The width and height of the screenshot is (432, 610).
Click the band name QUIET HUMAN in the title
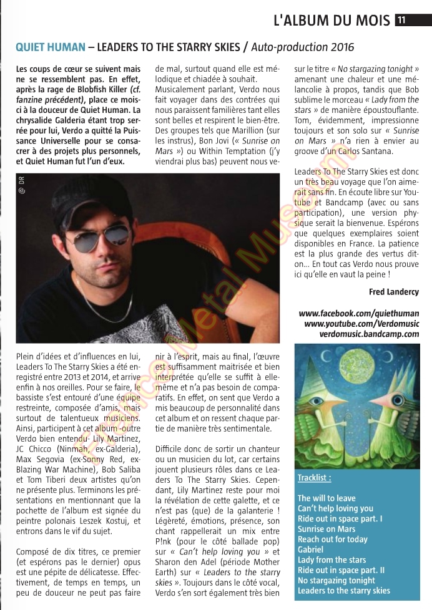point(48,47)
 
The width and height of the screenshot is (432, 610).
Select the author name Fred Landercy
point(393,292)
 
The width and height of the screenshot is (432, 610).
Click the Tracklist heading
point(314,478)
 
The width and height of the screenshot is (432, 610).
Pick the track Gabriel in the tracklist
point(310,549)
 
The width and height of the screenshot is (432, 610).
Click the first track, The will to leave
point(326,498)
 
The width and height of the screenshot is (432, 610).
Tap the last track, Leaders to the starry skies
point(343,590)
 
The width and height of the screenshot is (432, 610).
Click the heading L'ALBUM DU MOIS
point(331,20)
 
